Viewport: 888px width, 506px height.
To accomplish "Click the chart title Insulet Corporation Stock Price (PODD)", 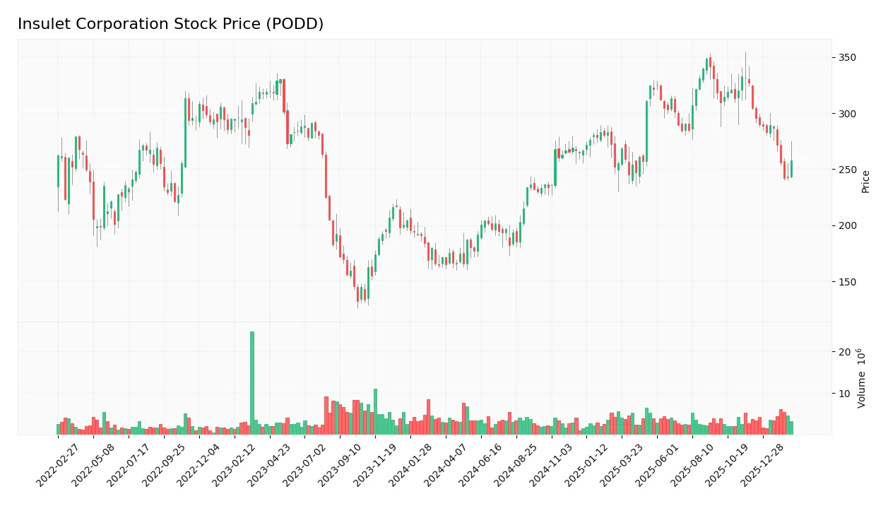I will coord(170,24).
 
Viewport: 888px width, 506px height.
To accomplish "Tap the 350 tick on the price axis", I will coord(847,57).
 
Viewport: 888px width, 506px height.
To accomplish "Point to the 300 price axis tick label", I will coord(847,114).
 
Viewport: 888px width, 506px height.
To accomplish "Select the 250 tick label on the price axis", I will coord(847,170).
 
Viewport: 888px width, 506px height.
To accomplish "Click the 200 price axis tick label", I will coord(847,226).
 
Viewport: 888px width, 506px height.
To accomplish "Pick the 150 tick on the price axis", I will coord(847,282).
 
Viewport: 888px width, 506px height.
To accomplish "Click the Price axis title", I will coord(865,182).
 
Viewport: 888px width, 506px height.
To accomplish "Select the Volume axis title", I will coord(862,378).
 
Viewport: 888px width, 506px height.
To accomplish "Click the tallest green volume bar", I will coord(252,382).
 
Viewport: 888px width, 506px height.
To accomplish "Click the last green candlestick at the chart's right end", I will coord(791,169).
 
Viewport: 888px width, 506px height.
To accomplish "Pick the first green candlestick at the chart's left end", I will coord(58,172).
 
